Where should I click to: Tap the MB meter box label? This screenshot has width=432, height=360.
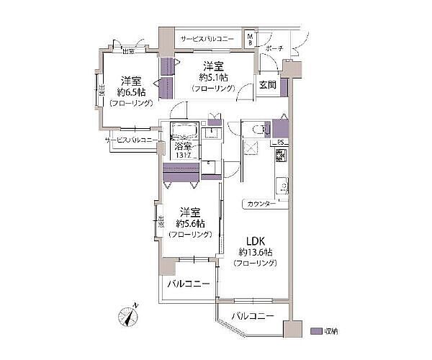pyautogui.click(x=250, y=37)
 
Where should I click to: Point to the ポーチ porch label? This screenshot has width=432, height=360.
pyautogui.click(x=274, y=49)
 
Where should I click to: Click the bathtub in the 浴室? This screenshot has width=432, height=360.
pyautogui.click(x=184, y=130)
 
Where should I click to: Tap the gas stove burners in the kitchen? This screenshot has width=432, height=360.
pyautogui.click(x=281, y=156)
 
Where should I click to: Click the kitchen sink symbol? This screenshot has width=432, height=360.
pyautogui.click(x=283, y=187)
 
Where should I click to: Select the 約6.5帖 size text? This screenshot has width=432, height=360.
pyautogui.click(x=130, y=92)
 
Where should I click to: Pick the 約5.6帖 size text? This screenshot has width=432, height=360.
pyautogui.click(x=189, y=224)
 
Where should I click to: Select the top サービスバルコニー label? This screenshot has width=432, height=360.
pyautogui.click(x=207, y=37)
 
